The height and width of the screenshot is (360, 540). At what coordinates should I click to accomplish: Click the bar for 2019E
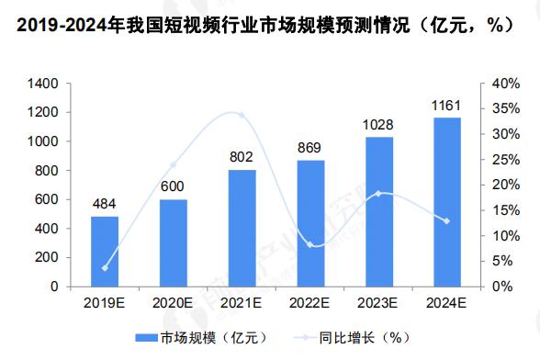point(104,251)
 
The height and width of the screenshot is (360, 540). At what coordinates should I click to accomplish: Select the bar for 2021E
point(242,228)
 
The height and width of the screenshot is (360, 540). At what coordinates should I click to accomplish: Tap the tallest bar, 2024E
point(446,202)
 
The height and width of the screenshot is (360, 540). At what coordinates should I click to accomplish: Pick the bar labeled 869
point(309,223)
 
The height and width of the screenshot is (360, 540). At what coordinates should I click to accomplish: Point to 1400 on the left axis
point(43,84)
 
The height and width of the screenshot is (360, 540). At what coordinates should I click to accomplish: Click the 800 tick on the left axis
point(47,171)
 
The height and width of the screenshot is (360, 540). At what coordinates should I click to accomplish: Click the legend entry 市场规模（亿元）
point(189,336)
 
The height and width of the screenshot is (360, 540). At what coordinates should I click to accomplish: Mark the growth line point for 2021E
point(242,115)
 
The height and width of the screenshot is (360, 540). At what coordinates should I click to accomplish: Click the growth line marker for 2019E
point(104,268)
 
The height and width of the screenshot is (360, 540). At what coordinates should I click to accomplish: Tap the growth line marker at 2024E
point(446,220)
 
